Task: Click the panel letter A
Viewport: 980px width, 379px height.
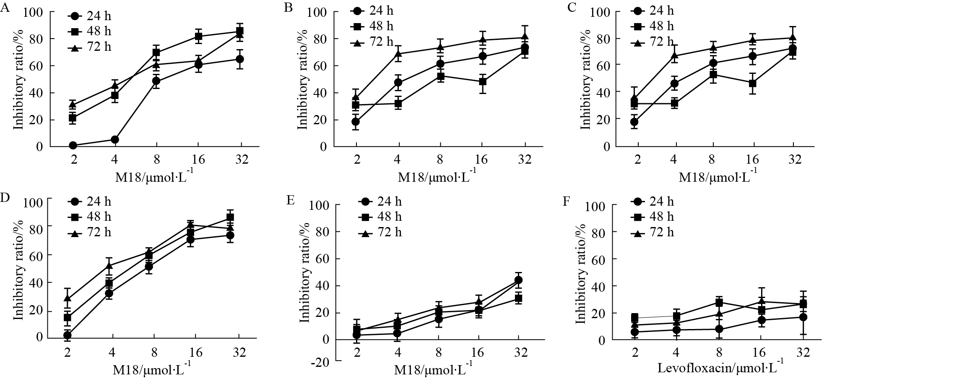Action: (x=5, y=8)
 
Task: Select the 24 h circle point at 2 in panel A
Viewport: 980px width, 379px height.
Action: (x=73, y=145)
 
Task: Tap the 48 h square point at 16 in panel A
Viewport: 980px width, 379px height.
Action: (x=199, y=36)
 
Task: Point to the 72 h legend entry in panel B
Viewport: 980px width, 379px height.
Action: (x=372, y=42)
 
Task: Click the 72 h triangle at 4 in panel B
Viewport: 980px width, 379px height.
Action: (x=398, y=54)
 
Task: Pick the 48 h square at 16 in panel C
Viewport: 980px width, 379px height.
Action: (x=753, y=83)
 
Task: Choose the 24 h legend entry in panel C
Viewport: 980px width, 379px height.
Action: (x=652, y=10)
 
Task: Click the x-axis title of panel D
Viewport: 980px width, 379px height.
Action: (x=153, y=371)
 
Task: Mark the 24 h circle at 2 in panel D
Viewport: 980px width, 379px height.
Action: (x=67, y=335)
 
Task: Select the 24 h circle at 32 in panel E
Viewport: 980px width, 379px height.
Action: (x=518, y=280)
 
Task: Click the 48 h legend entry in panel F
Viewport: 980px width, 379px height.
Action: (x=652, y=217)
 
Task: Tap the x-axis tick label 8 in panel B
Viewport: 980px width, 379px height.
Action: (x=440, y=159)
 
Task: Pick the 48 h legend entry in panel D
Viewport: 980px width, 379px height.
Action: (x=90, y=217)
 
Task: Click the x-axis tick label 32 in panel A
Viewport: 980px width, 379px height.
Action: (x=241, y=159)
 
